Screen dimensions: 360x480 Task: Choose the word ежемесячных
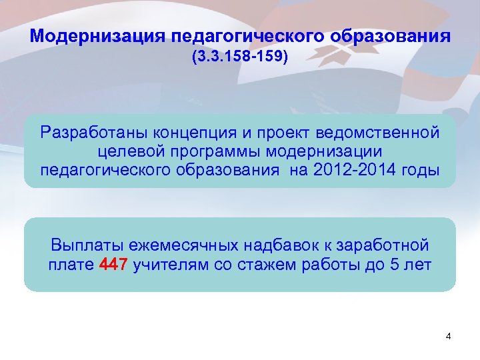(x=162, y=245)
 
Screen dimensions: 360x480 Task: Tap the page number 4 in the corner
(x=448, y=337)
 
